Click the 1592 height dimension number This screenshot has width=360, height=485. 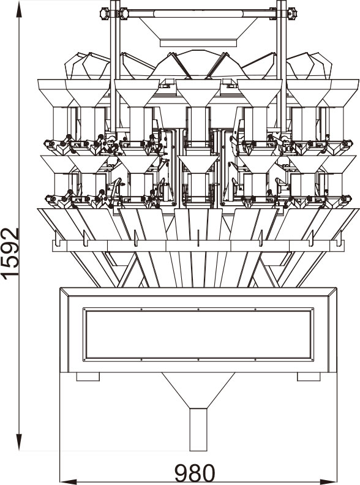point(10,254)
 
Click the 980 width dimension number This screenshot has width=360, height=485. point(195,473)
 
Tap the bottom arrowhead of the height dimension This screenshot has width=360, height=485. point(19,442)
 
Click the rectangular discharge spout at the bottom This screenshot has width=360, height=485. point(198,430)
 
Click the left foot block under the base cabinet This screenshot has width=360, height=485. point(88,377)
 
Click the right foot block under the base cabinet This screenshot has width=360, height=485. point(309,377)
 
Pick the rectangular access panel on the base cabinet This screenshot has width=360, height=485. point(198,334)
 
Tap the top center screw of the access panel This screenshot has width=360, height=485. point(198,309)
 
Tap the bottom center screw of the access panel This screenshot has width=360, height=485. point(198,359)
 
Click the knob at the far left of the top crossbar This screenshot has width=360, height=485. point(105,14)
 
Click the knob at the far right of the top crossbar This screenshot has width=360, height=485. point(292,14)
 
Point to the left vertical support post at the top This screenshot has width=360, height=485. point(115,67)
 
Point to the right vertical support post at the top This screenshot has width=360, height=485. point(282,67)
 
